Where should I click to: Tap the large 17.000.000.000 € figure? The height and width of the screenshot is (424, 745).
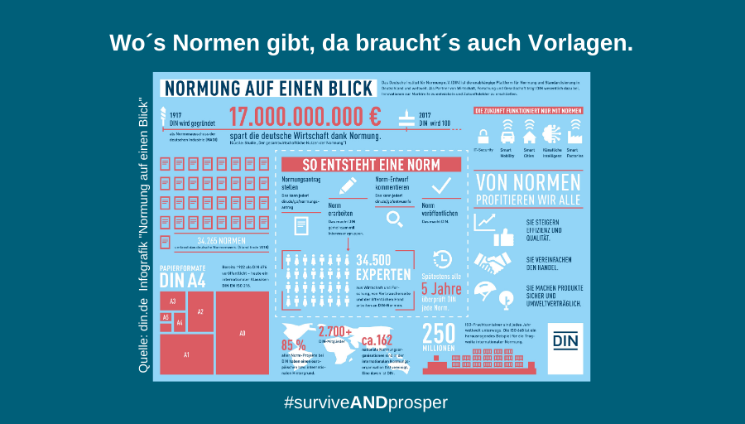(x=305, y=117)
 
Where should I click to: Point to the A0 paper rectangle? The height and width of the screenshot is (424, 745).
(x=243, y=332)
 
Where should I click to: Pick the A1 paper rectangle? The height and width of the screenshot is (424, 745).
(x=186, y=354)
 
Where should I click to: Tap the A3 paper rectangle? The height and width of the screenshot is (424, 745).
(x=172, y=301)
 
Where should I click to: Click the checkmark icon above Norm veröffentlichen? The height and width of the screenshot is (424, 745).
(x=441, y=184)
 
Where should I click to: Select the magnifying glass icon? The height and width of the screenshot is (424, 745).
(x=395, y=218)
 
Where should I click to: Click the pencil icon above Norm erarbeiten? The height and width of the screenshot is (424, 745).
(x=348, y=185)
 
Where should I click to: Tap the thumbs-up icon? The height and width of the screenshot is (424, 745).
(x=504, y=238)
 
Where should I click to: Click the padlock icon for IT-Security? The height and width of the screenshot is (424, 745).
(x=483, y=135)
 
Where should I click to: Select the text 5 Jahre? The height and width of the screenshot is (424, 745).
(x=441, y=289)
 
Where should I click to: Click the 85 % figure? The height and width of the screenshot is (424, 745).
(x=294, y=344)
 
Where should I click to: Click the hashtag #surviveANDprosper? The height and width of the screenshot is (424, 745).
(x=365, y=403)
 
